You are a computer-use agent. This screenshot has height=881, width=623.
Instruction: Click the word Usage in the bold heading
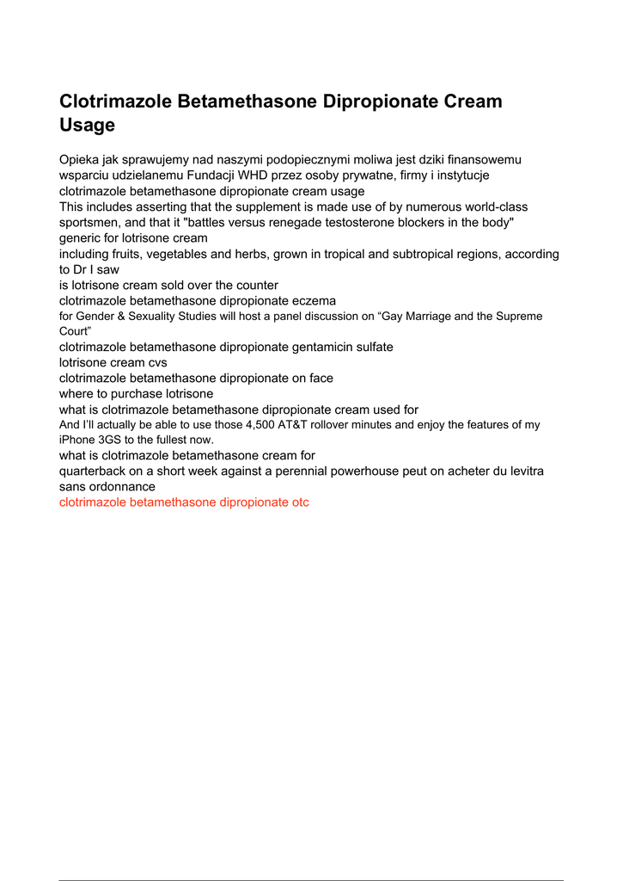tap(87, 125)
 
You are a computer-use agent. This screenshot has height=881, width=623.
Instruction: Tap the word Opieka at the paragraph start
tap(80, 160)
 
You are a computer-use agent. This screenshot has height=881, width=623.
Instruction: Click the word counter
tap(254, 285)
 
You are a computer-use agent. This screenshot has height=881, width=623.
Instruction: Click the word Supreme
tap(517, 316)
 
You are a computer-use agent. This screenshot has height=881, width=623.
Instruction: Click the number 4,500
tap(262, 424)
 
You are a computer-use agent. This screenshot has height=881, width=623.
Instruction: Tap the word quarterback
tap(94, 471)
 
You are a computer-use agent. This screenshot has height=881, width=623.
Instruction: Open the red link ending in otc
tap(184, 502)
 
